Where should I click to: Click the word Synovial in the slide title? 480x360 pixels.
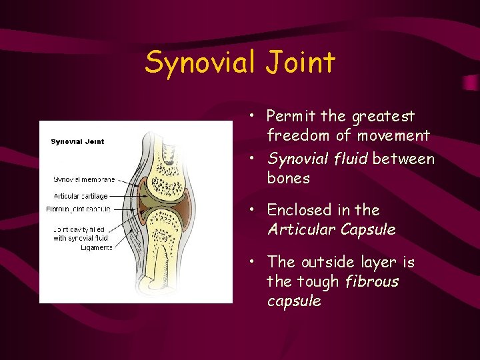(x=198, y=63)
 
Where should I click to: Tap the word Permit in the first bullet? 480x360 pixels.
(x=291, y=117)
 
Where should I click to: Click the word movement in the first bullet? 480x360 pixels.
(x=393, y=136)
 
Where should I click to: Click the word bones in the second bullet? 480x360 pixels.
(x=289, y=179)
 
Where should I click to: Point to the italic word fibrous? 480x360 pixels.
(x=372, y=281)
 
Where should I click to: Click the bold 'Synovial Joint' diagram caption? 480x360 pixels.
(x=78, y=141)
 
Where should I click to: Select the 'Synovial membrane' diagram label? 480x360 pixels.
(x=84, y=179)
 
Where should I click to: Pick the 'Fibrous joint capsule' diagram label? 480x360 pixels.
(x=79, y=209)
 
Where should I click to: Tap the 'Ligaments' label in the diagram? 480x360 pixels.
(x=95, y=247)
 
